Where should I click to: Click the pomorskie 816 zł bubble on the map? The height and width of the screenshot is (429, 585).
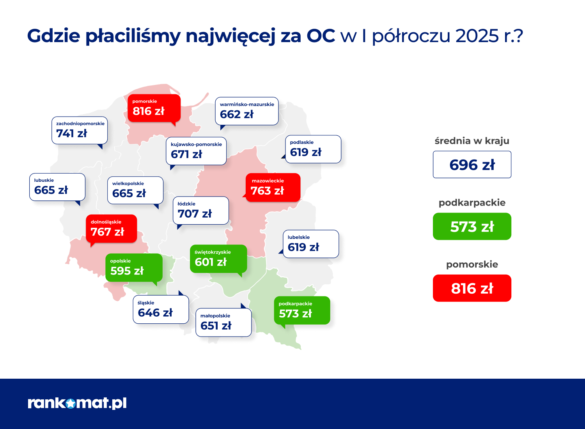click(x=154, y=108)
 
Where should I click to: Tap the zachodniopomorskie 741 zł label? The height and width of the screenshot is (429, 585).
click(x=80, y=130)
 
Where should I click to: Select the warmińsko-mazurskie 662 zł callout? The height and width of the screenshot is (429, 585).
click(x=247, y=111)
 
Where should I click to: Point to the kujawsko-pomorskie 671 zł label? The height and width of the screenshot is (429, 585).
click(x=196, y=151)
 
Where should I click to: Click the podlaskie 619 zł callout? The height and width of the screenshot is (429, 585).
click(x=313, y=149)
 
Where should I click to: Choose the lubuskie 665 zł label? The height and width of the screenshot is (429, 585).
click(x=57, y=187)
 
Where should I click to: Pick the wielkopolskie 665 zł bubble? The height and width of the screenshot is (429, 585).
click(x=135, y=190)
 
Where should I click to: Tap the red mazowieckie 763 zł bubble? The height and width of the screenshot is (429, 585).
click(x=273, y=188)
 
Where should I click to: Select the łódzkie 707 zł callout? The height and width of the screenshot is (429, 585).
click(x=201, y=211)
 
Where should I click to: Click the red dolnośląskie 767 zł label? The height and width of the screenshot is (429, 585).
click(x=112, y=229)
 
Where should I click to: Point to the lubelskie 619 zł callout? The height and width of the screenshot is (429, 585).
click(x=311, y=244)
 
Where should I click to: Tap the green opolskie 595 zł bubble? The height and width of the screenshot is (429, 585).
click(x=134, y=268)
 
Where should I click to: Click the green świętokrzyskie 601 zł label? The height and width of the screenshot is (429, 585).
click(x=218, y=259)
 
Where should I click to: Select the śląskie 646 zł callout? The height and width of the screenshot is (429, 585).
click(x=161, y=309)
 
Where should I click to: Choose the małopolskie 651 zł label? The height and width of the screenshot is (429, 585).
click(x=223, y=323)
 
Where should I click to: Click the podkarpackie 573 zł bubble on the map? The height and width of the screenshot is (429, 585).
click(x=302, y=310)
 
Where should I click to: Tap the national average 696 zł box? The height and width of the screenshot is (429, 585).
click(x=472, y=165)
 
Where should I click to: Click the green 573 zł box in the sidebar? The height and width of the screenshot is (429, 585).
click(x=472, y=226)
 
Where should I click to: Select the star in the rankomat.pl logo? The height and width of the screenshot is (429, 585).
click(x=71, y=403)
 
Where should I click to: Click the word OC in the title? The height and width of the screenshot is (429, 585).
click(x=321, y=36)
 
